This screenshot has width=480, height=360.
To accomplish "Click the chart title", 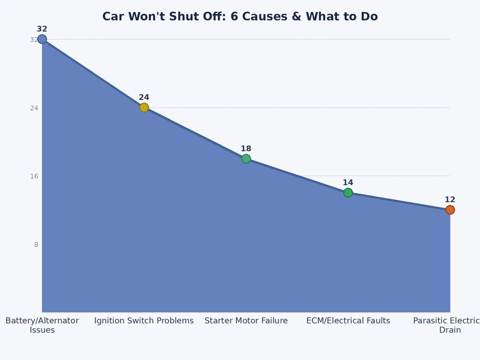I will [x=240, y=16].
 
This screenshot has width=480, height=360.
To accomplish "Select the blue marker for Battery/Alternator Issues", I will [x=42, y=39].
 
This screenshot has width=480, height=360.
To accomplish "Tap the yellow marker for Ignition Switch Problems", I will [x=144, y=107].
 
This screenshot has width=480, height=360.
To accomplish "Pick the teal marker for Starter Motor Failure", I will [x=246, y=159].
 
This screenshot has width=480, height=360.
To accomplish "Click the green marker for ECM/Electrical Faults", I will [x=348, y=193].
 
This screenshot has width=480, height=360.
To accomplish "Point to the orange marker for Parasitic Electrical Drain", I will [x=450, y=210].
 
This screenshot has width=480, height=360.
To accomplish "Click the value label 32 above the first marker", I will [x=42, y=29].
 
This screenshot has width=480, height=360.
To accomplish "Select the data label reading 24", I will [x=144, y=97].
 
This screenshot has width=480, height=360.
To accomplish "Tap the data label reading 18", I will [x=246, y=149].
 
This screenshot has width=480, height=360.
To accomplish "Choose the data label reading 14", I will [x=348, y=182].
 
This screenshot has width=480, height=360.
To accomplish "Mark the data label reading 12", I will [x=450, y=200].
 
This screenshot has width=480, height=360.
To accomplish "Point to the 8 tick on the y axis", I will [x=36, y=244].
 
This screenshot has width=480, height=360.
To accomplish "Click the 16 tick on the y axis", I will [x=34, y=176].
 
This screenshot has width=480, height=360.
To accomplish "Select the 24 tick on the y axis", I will [x=34, y=108].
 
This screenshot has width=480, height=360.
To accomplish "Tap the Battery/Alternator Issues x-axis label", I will [x=42, y=325].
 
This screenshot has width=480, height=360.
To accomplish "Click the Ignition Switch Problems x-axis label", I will [x=144, y=321].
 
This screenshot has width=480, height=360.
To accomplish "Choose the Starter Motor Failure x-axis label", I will [x=246, y=321].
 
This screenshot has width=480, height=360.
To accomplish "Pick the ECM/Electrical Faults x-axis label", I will [x=348, y=321].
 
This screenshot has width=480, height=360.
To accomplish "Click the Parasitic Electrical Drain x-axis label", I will [x=449, y=325].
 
